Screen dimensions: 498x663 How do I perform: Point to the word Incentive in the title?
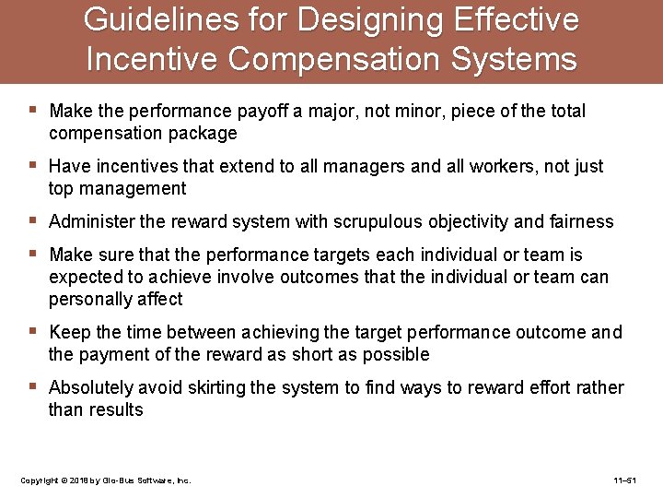click(152, 59)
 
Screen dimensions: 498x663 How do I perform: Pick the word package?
click(203, 134)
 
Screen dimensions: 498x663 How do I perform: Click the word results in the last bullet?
click(117, 410)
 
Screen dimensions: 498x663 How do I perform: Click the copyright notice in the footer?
click(105, 481)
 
